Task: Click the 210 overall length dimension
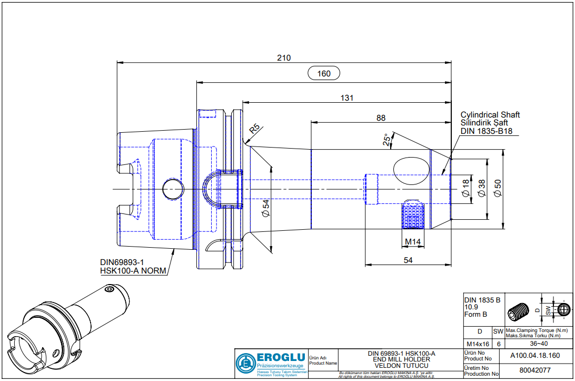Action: click(284, 57)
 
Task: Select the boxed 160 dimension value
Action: click(323, 73)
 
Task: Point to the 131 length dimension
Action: click(346, 98)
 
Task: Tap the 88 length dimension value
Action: click(381, 118)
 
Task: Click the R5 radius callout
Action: click(254, 129)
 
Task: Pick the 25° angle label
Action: click(386, 140)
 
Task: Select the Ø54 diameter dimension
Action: click(266, 208)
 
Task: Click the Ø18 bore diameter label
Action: click(465, 188)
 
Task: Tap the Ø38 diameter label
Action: click(481, 188)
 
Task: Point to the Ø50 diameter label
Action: click(498, 188)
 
